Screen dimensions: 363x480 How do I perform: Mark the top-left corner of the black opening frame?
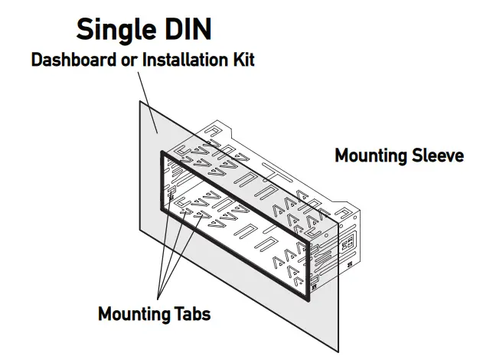pyautogui.click(x=161, y=152)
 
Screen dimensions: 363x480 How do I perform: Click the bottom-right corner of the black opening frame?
pyautogui.click(x=309, y=298)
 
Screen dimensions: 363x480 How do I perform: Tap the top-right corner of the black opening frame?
pyautogui.click(x=309, y=243)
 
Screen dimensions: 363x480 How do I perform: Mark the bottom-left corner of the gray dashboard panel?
pyautogui.click(x=139, y=235)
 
